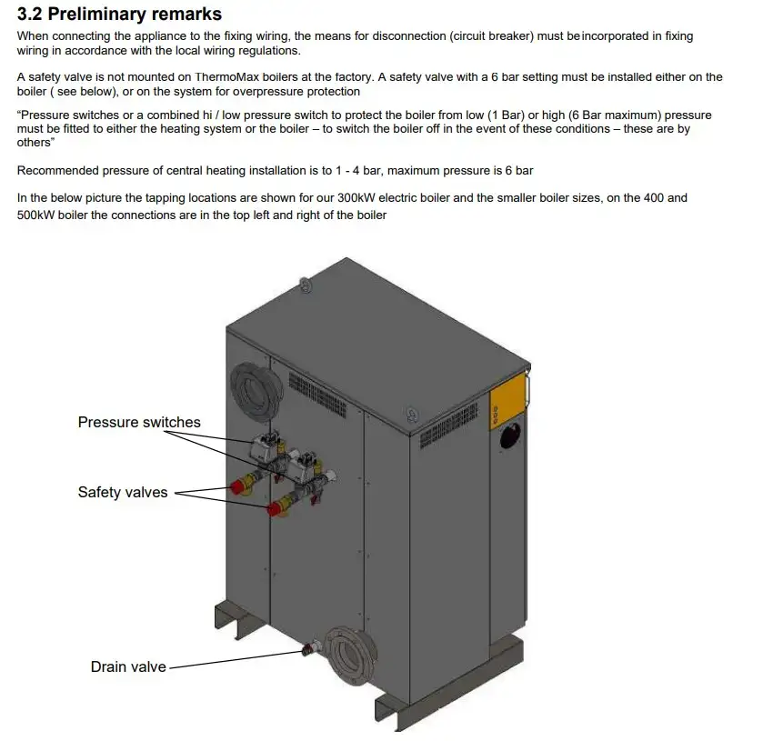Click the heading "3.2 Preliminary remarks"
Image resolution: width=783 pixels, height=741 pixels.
[119, 15]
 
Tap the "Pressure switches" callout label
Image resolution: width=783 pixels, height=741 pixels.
[139, 422]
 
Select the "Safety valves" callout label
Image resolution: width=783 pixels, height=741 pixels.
[123, 492]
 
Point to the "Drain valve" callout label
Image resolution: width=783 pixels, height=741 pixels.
[128, 666]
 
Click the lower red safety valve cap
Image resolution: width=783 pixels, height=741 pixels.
[273, 509]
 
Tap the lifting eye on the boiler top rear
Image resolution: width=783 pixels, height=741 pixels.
[306, 285]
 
